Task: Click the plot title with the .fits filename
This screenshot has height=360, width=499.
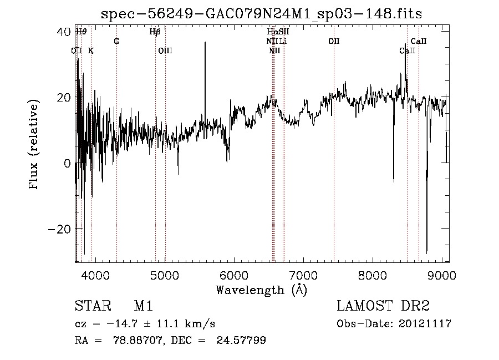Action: click(x=261, y=14)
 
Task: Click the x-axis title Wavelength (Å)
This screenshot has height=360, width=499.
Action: click(x=261, y=289)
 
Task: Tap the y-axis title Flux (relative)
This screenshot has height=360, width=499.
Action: click(x=34, y=146)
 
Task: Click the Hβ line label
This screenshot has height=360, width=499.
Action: click(x=155, y=32)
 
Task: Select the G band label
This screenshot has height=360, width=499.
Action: click(x=116, y=41)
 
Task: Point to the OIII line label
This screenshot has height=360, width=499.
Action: click(x=165, y=50)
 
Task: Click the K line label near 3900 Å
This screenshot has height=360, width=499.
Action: click(x=91, y=50)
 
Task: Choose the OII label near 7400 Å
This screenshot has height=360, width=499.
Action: click(x=334, y=41)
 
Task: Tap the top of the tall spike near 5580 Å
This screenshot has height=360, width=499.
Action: click(x=205, y=43)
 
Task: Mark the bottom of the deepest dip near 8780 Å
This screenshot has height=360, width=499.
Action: click(x=426, y=253)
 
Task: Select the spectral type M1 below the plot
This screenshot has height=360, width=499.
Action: click(x=143, y=306)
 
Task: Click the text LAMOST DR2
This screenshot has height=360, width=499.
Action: click(x=383, y=306)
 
